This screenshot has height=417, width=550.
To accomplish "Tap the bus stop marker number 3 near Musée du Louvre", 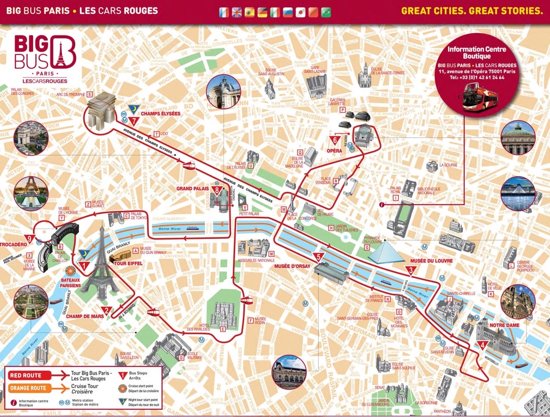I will coord(411,270).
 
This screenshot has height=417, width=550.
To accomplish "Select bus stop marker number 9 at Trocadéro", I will coord(31,239).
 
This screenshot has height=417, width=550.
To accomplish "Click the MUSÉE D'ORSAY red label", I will coord(293,266).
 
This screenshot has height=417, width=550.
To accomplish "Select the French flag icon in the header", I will coord(224,11).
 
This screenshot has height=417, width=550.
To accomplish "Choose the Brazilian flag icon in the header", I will coord(326,11).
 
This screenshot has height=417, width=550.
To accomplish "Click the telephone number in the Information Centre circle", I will coord(477,77).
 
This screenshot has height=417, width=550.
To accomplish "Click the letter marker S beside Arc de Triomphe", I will coord(89,94).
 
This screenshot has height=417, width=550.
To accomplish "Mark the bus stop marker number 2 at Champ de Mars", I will coord(106,311).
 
